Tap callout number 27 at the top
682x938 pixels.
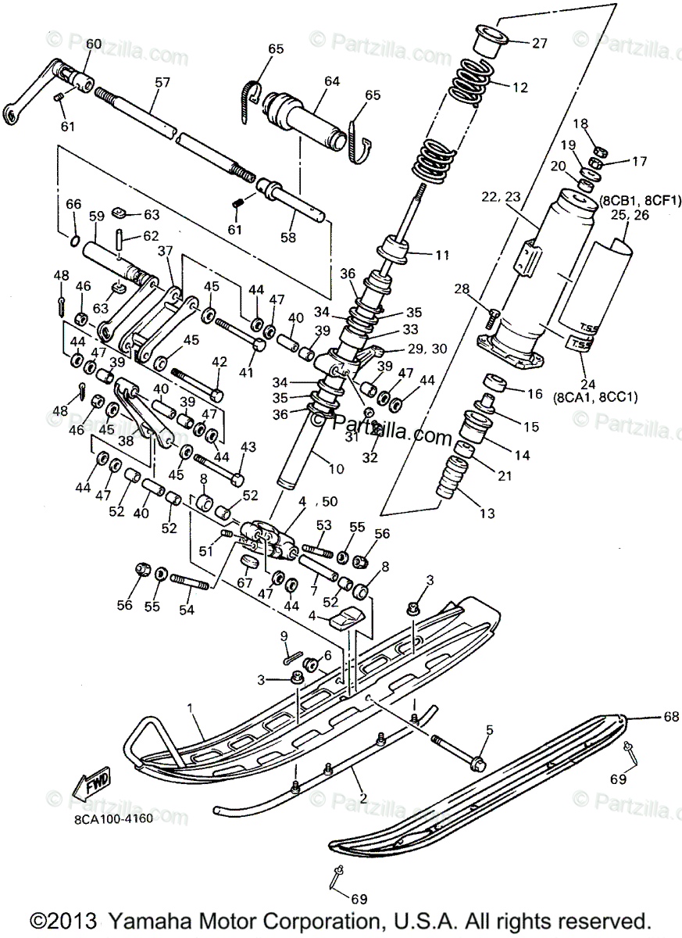pos(540,44)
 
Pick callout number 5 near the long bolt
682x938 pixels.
pos(489,730)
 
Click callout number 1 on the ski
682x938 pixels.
pos(190,708)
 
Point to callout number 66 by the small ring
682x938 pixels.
pos(72,205)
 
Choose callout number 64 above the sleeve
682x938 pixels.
pos(332,81)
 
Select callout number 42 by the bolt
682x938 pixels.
pos(220,362)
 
